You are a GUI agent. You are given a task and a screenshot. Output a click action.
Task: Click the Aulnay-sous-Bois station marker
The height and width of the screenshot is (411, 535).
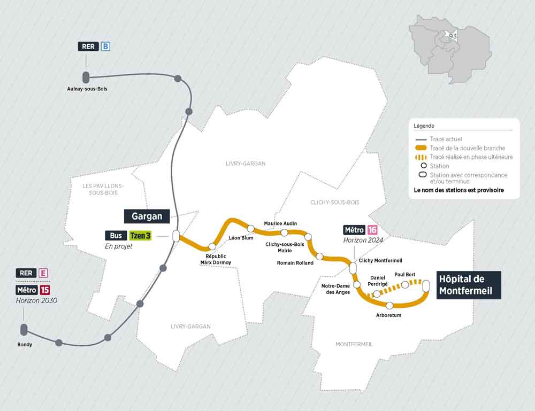[x=85, y=76]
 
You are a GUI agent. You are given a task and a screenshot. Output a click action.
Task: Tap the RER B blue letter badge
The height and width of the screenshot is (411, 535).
[x=105, y=46]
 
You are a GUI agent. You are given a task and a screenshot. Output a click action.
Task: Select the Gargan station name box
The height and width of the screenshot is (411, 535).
[x=147, y=216]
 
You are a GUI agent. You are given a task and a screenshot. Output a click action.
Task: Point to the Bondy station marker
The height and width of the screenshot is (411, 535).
[x=24, y=330]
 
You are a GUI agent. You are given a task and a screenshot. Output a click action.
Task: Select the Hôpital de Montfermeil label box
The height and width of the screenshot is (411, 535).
[x=469, y=285]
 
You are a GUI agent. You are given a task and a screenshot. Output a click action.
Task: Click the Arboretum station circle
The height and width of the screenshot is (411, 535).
[x=389, y=306]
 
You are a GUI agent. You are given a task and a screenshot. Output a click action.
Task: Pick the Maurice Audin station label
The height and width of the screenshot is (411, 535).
[x=280, y=223]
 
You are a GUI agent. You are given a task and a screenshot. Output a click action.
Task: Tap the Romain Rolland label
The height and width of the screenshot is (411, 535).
[x=295, y=263]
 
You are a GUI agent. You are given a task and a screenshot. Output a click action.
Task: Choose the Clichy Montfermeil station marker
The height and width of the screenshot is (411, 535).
[x=353, y=267]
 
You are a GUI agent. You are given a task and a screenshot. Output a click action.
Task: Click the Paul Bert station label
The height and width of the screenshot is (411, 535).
[x=405, y=274]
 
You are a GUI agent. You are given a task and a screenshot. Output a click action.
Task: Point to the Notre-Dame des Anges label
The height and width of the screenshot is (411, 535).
[x=335, y=289]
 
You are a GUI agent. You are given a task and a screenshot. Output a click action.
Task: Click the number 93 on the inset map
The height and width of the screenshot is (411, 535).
[x=453, y=36]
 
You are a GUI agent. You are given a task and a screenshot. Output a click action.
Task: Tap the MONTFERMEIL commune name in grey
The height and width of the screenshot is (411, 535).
[x=354, y=344]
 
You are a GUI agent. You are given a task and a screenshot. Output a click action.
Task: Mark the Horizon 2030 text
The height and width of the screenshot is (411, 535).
[x=37, y=300]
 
